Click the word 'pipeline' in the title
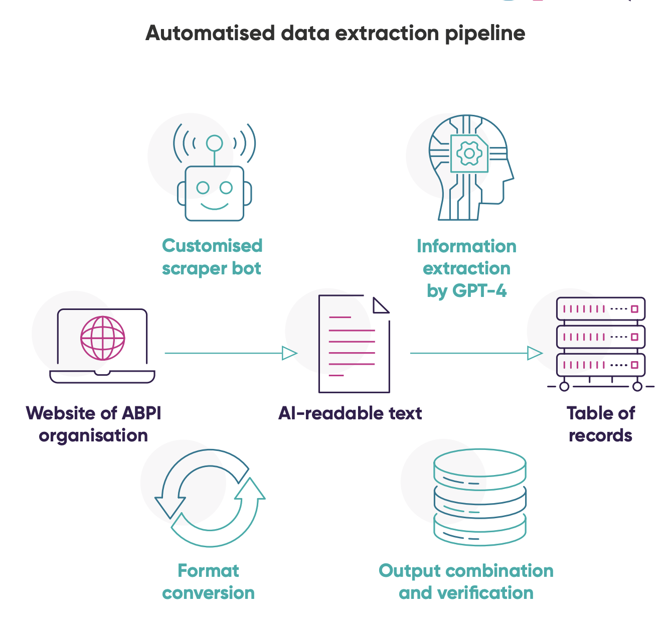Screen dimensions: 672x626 click(x=485, y=34)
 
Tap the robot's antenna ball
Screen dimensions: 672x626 click(x=215, y=143)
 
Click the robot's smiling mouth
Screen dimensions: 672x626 click(x=215, y=206)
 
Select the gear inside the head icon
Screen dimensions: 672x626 click(x=469, y=153)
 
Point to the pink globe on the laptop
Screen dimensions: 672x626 click(x=102, y=338)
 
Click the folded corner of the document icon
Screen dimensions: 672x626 click(x=380, y=305)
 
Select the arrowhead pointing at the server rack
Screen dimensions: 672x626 click(x=535, y=353)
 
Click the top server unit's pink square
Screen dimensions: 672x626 click(x=634, y=309)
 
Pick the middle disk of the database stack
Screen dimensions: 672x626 click(x=480, y=503)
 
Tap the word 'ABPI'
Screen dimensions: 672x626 click(x=141, y=413)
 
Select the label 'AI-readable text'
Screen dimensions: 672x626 click(x=350, y=413)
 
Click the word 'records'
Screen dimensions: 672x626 click(x=600, y=436)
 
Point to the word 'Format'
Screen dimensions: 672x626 click(x=209, y=571)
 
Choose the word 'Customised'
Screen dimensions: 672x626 click(x=212, y=245)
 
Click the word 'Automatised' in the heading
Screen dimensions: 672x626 click(x=210, y=33)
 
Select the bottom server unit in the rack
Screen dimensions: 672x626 click(x=601, y=365)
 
